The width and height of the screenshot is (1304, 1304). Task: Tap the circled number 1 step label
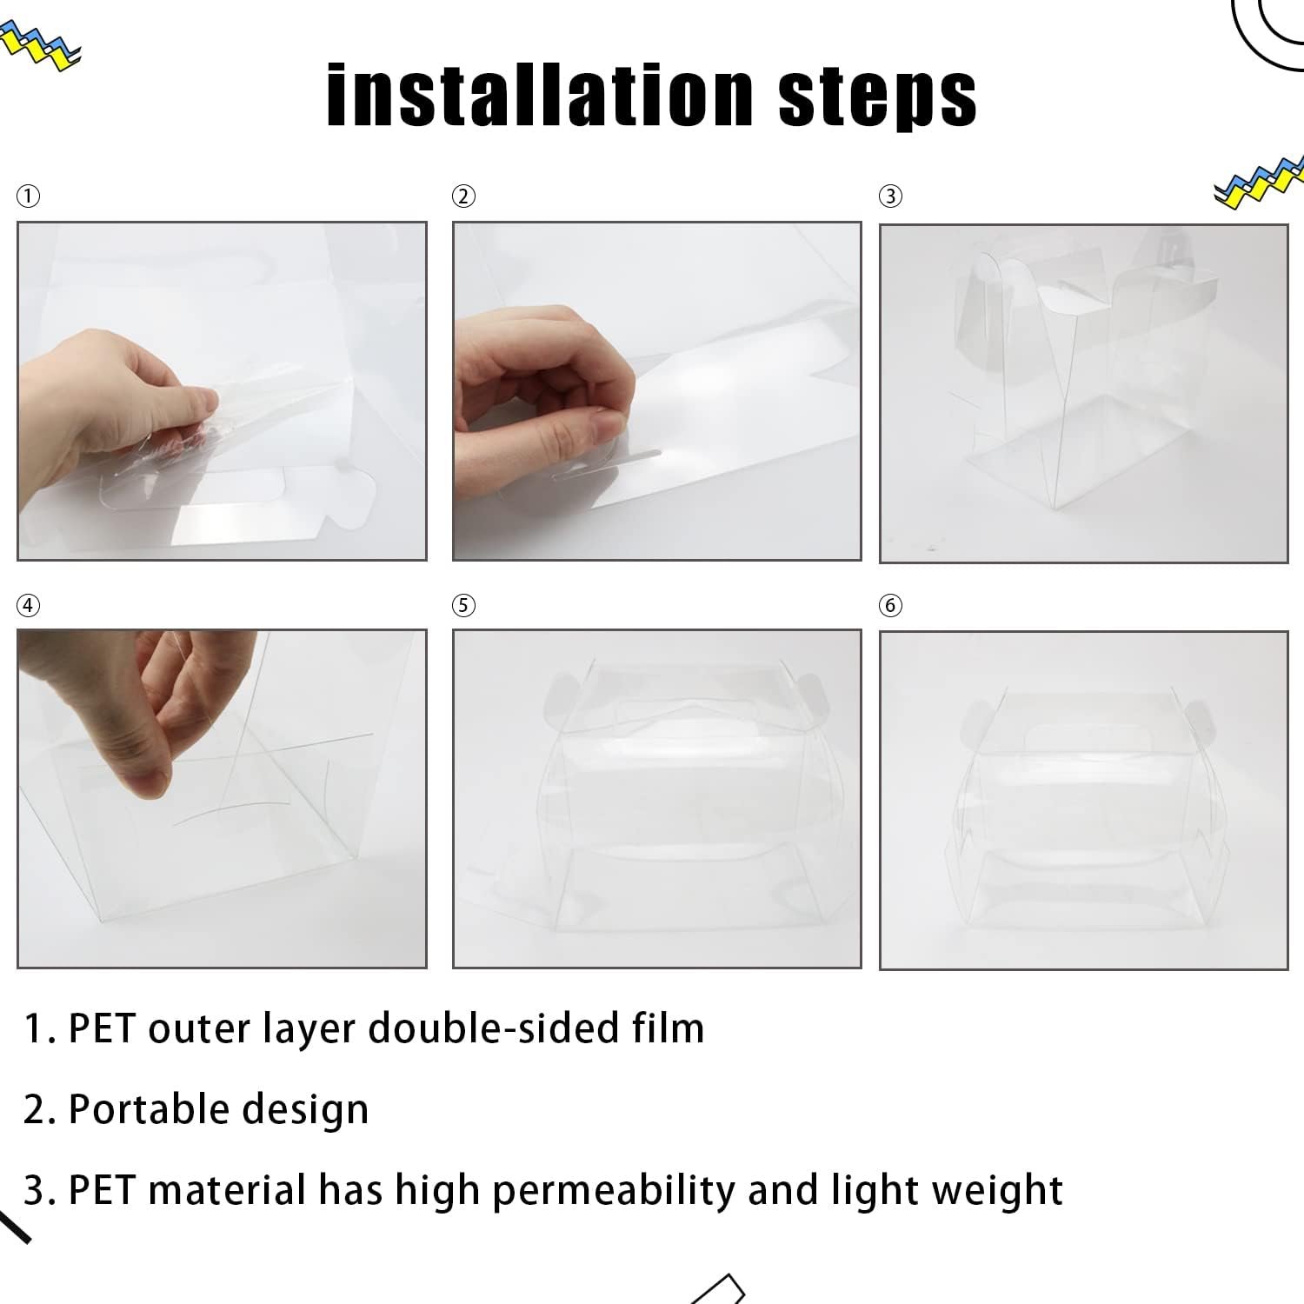pos(28,196)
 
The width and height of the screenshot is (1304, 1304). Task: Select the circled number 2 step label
pos(463,196)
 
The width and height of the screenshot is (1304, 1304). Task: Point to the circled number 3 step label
pos(890,196)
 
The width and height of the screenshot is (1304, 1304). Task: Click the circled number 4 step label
pos(28,605)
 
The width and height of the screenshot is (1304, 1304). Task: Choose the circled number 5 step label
pos(463,605)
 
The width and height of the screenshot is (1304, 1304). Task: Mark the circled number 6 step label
pos(890,605)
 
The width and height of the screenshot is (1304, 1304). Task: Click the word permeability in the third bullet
pos(613,1191)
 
